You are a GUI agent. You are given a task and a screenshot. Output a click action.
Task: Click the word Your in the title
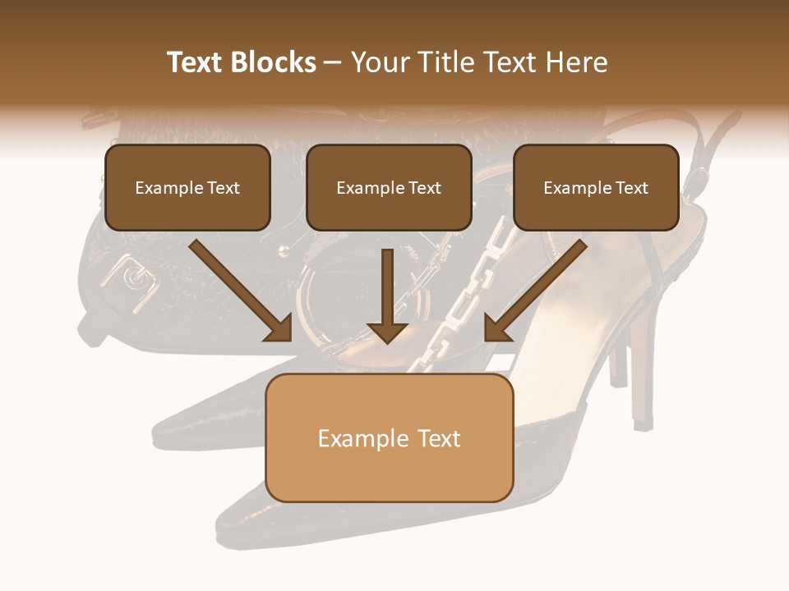pos(376,62)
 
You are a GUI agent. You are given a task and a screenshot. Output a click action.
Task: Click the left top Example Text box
pos(187,187)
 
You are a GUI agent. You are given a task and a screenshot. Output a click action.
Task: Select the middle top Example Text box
pos(389,187)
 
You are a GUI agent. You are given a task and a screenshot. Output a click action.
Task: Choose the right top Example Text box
pos(596,187)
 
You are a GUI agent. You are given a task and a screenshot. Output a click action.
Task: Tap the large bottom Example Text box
pos(389,438)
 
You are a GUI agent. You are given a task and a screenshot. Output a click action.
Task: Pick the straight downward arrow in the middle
pos(387,295)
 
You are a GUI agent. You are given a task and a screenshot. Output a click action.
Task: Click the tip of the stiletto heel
pos(643,423)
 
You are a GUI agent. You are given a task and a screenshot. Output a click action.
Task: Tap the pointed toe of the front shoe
pos(226,534)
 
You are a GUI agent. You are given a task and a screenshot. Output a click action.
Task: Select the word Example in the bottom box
pos(353,438)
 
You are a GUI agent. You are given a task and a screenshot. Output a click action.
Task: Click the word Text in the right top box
pos(632,187)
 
